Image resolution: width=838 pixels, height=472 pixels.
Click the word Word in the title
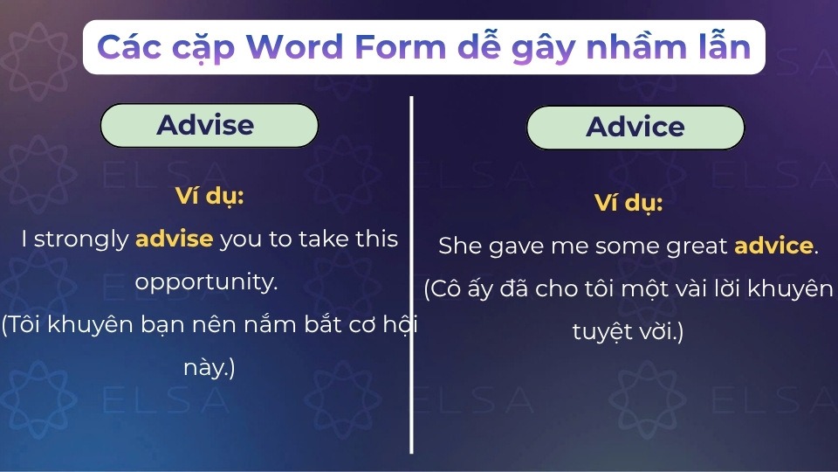tap(293, 47)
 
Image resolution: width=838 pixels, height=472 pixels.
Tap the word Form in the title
tap(401, 47)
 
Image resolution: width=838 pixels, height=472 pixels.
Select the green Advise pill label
tap(209, 125)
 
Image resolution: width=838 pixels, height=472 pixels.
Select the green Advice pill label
tap(635, 128)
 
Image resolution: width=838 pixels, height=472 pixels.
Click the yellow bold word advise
tap(175, 239)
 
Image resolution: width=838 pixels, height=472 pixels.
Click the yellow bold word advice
tap(774, 246)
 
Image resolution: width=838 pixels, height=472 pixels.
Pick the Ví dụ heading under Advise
tap(209, 197)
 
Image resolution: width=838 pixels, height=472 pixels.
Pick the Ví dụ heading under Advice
tap(628, 204)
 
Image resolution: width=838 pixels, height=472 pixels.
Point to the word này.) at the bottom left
tap(209, 368)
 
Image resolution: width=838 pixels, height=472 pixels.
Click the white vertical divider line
tap(411, 275)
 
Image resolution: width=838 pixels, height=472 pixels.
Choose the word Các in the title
tap(129, 47)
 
